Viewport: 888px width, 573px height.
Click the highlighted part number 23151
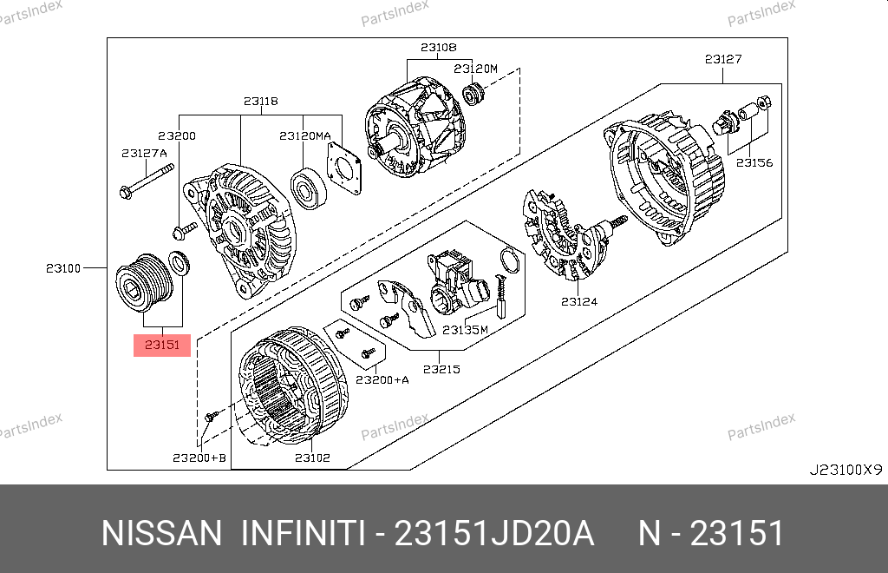(162, 345)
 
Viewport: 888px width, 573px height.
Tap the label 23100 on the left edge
(63, 268)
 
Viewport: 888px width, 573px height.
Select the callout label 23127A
(145, 153)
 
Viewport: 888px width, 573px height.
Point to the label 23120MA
(304, 136)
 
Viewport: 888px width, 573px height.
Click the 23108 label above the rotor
(438, 48)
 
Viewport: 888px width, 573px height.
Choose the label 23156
(754, 162)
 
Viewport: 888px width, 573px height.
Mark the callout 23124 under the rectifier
(579, 301)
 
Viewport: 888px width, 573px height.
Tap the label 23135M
(465, 329)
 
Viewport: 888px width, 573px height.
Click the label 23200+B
(199, 458)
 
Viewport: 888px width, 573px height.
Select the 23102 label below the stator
(312, 458)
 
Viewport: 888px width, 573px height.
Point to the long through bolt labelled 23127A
(147, 182)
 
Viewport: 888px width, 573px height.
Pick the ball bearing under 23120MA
(309, 188)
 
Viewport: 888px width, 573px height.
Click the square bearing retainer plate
(343, 168)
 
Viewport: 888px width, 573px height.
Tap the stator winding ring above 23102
(293, 385)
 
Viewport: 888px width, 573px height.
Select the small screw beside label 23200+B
(212, 417)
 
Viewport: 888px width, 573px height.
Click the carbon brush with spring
(501, 296)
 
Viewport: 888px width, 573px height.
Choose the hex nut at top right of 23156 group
(764, 102)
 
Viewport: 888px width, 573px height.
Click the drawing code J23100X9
(846, 470)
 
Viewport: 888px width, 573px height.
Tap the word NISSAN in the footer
(162, 533)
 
